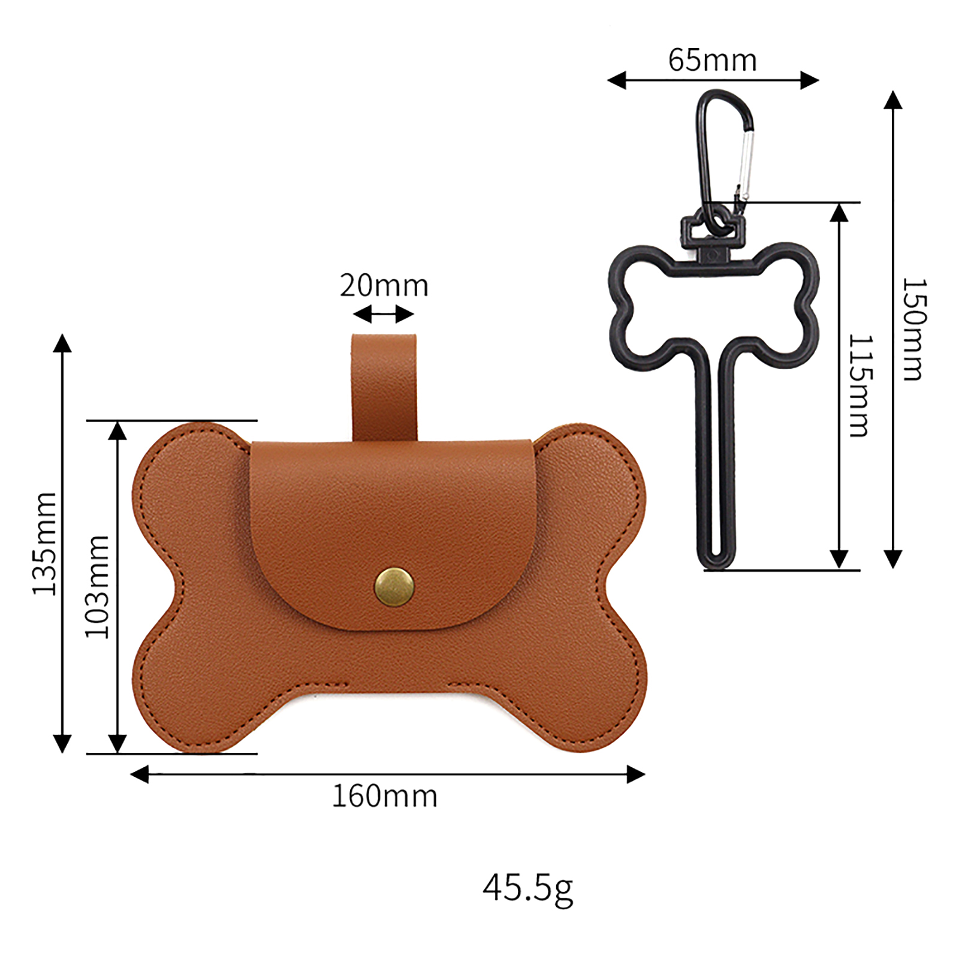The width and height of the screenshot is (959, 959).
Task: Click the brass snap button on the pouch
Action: pos(394,587)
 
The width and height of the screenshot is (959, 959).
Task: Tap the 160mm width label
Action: pos(385,797)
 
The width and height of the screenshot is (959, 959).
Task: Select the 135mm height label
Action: pos(45,544)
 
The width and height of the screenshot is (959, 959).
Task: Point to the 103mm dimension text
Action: pos(98,587)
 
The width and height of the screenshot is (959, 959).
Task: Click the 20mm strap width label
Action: pos(384,285)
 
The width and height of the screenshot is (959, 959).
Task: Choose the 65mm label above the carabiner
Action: pos(713,60)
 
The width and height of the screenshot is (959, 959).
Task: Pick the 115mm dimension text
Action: pos(861,386)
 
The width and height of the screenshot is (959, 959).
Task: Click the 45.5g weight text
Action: pos(528,889)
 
